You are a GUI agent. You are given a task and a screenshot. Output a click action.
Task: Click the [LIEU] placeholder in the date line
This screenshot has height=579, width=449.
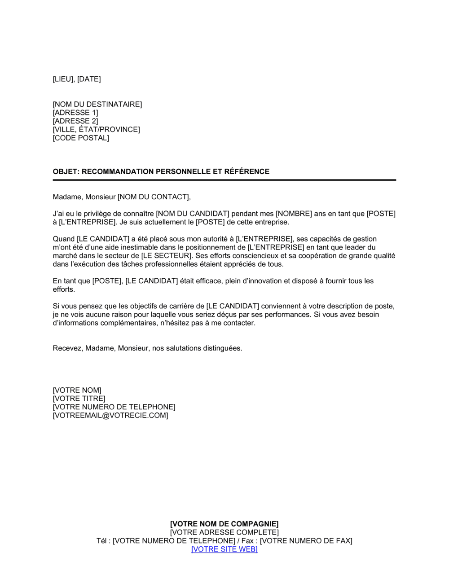tap(63, 79)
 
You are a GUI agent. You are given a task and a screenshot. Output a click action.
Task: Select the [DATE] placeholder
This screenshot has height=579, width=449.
tap(89, 79)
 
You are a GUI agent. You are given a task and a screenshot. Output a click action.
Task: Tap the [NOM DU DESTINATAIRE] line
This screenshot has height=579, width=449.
tap(97, 104)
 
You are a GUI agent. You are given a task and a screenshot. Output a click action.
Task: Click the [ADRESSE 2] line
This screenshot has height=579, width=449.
tap(75, 121)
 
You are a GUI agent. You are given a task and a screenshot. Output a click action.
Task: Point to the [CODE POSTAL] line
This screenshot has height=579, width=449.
tap(81, 138)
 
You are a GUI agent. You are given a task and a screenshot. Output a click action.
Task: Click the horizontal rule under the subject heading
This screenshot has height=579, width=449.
tap(224, 180)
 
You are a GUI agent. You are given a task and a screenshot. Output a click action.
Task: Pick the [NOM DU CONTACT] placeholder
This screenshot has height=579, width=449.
tap(154, 197)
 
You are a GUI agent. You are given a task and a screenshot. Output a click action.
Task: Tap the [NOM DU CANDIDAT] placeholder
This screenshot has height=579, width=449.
tap(193, 214)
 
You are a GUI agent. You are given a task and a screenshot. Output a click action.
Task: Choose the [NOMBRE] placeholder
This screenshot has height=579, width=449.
tap(294, 214)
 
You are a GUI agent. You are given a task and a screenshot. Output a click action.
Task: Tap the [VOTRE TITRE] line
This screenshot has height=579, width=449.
tap(79, 399)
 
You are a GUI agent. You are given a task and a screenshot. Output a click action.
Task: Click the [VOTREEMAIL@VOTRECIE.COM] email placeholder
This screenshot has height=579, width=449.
tap(110, 416)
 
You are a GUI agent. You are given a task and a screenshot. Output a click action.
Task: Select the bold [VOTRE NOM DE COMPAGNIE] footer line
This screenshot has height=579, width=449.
tap(224, 524)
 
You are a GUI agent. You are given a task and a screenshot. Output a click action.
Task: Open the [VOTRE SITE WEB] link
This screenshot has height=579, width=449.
tap(224, 549)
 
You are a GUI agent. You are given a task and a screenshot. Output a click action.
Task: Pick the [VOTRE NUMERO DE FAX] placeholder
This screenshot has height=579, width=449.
tap(306, 541)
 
